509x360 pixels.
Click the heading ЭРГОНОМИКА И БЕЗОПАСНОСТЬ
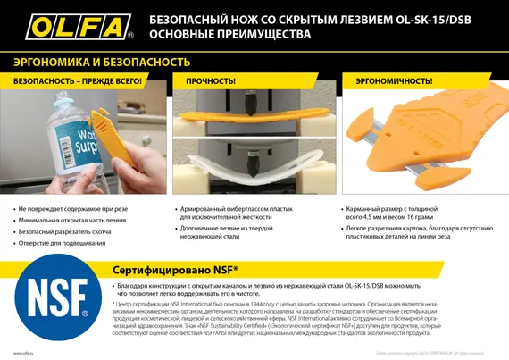coord(101,62)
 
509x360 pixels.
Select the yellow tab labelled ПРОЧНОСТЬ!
coord(211,80)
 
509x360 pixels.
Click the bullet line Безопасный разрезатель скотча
coord(68,231)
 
